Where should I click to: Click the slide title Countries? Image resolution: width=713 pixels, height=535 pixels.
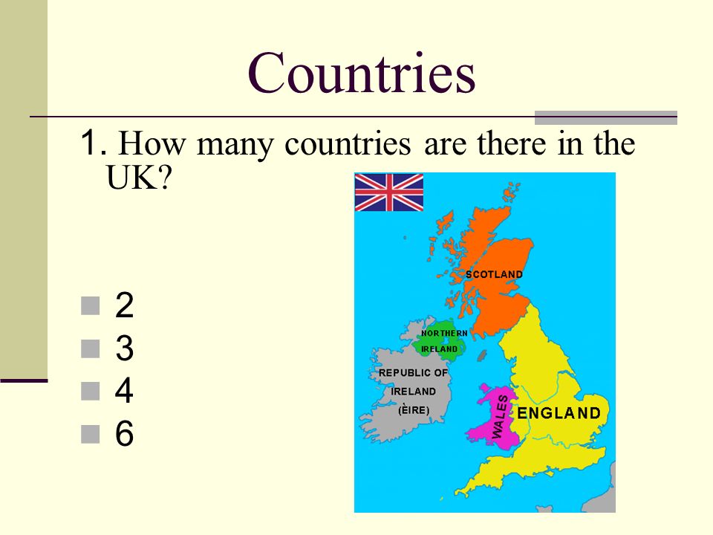click(x=362, y=73)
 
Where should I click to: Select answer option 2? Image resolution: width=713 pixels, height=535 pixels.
click(x=124, y=305)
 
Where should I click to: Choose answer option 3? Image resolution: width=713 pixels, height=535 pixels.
click(x=124, y=348)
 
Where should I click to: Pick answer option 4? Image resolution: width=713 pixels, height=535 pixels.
click(x=124, y=390)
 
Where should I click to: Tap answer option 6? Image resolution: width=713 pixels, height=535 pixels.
click(x=124, y=433)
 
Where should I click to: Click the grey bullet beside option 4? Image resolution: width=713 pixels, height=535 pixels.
click(x=90, y=391)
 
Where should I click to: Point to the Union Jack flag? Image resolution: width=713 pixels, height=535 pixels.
click(x=388, y=192)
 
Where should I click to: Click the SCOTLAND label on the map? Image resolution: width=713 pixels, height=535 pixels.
click(x=495, y=274)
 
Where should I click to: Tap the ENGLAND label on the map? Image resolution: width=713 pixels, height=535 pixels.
click(x=559, y=413)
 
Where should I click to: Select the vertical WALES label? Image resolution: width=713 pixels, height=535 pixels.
click(x=500, y=416)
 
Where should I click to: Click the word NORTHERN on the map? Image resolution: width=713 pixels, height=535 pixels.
click(x=444, y=333)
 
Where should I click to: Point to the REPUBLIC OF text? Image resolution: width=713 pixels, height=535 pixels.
click(x=414, y=372)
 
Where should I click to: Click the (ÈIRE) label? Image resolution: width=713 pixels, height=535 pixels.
click(x=414, y=410)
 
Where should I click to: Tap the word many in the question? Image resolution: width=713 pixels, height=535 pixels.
click(x=235, y=146)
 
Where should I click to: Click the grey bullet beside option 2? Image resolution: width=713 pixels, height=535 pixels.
click(x=90, y=305)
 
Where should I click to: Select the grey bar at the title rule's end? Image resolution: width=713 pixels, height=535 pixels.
click(x=606, y=117)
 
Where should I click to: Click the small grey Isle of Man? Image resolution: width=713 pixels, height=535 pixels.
click(x=481, y=355)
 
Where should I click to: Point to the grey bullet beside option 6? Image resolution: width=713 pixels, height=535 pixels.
click(x=90, y=433)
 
